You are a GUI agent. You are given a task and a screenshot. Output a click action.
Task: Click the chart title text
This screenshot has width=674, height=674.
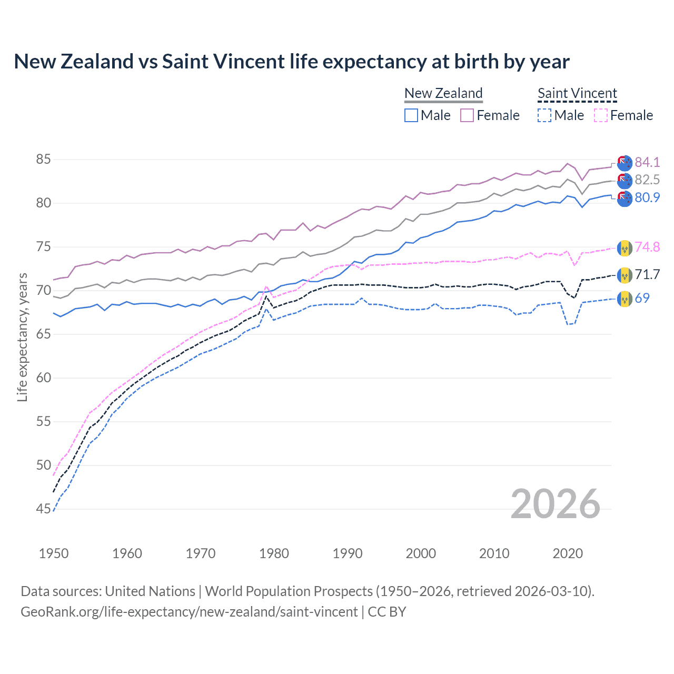click(x=291, y=62)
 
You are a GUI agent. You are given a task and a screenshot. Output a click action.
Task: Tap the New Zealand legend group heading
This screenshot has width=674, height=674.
click(x=443, y=93)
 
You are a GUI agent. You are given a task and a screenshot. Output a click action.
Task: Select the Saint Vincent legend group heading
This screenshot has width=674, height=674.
click(x=577, y=93)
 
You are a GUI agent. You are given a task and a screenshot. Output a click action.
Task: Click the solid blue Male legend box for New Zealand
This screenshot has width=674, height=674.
click(x=411, y=115)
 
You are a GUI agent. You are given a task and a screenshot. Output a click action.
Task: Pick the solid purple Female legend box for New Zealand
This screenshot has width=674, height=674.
click(x=467, y=115)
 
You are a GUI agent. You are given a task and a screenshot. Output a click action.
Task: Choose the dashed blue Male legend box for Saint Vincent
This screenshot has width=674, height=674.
click(x=544, y=115)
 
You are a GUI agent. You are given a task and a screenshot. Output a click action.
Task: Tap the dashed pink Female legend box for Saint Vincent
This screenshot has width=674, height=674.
click(x=600, y=115)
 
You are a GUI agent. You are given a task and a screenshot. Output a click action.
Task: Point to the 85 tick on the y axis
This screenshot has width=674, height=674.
click(x=44, y=159)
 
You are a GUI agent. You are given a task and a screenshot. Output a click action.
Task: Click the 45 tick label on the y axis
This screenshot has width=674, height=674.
click(x=44, y=509)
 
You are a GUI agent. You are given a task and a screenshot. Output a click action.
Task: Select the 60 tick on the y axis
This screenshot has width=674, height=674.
click(x=44, y=378)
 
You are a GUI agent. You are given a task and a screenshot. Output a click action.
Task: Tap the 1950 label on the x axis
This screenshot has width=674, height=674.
click(x=54, y=553)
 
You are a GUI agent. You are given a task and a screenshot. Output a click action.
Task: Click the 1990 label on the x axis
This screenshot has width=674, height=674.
click(x=348, y=553)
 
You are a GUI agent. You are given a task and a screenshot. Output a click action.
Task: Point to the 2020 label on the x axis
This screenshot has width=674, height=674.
click(x=568, y=553)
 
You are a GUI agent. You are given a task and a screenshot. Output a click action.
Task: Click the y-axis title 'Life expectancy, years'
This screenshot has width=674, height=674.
click(x=22, y=337)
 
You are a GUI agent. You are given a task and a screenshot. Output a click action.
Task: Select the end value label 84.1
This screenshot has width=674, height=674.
click(x=647, y=162)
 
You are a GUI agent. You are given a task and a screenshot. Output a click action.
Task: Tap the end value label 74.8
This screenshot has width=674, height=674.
click(x=647, y=247)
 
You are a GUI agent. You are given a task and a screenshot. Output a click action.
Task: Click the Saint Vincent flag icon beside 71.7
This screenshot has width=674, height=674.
click(x=625, y=275)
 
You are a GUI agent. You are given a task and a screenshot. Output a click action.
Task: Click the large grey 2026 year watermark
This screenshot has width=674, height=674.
click(x=556, y=504)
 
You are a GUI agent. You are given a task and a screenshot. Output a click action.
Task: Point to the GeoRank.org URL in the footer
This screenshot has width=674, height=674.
click(x=189, y=612)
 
